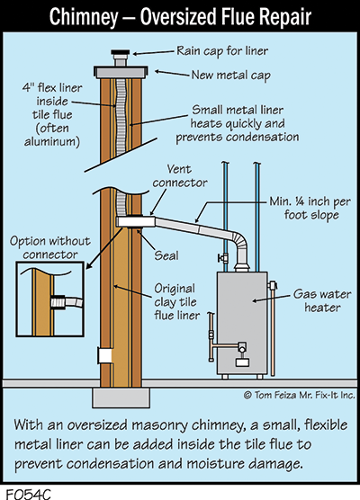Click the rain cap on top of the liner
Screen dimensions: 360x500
click(121, 52)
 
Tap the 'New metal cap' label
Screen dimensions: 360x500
click(230, 76)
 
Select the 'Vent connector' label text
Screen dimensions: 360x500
click(180, 176)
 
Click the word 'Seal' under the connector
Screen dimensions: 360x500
click(166, 255)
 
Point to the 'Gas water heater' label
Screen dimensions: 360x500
click(322, 300)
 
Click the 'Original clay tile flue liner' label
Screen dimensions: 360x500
click(176, 301)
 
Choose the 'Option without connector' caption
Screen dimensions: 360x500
click(50, 248)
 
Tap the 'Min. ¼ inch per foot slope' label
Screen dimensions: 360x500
click(310, 209)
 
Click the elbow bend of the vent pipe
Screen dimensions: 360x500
click(240, 244)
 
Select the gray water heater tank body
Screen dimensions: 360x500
click(242, 323)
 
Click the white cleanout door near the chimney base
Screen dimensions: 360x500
click(105, 356)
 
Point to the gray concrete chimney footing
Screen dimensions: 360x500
click(121, 398)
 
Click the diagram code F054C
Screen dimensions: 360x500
click(29, 494)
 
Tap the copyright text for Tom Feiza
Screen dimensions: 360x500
click(300, 395)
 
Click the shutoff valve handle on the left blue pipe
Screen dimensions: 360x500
click(222, 258)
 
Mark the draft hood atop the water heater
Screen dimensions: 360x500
click(242, 266)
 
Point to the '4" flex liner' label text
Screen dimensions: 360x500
click(52, 88)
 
